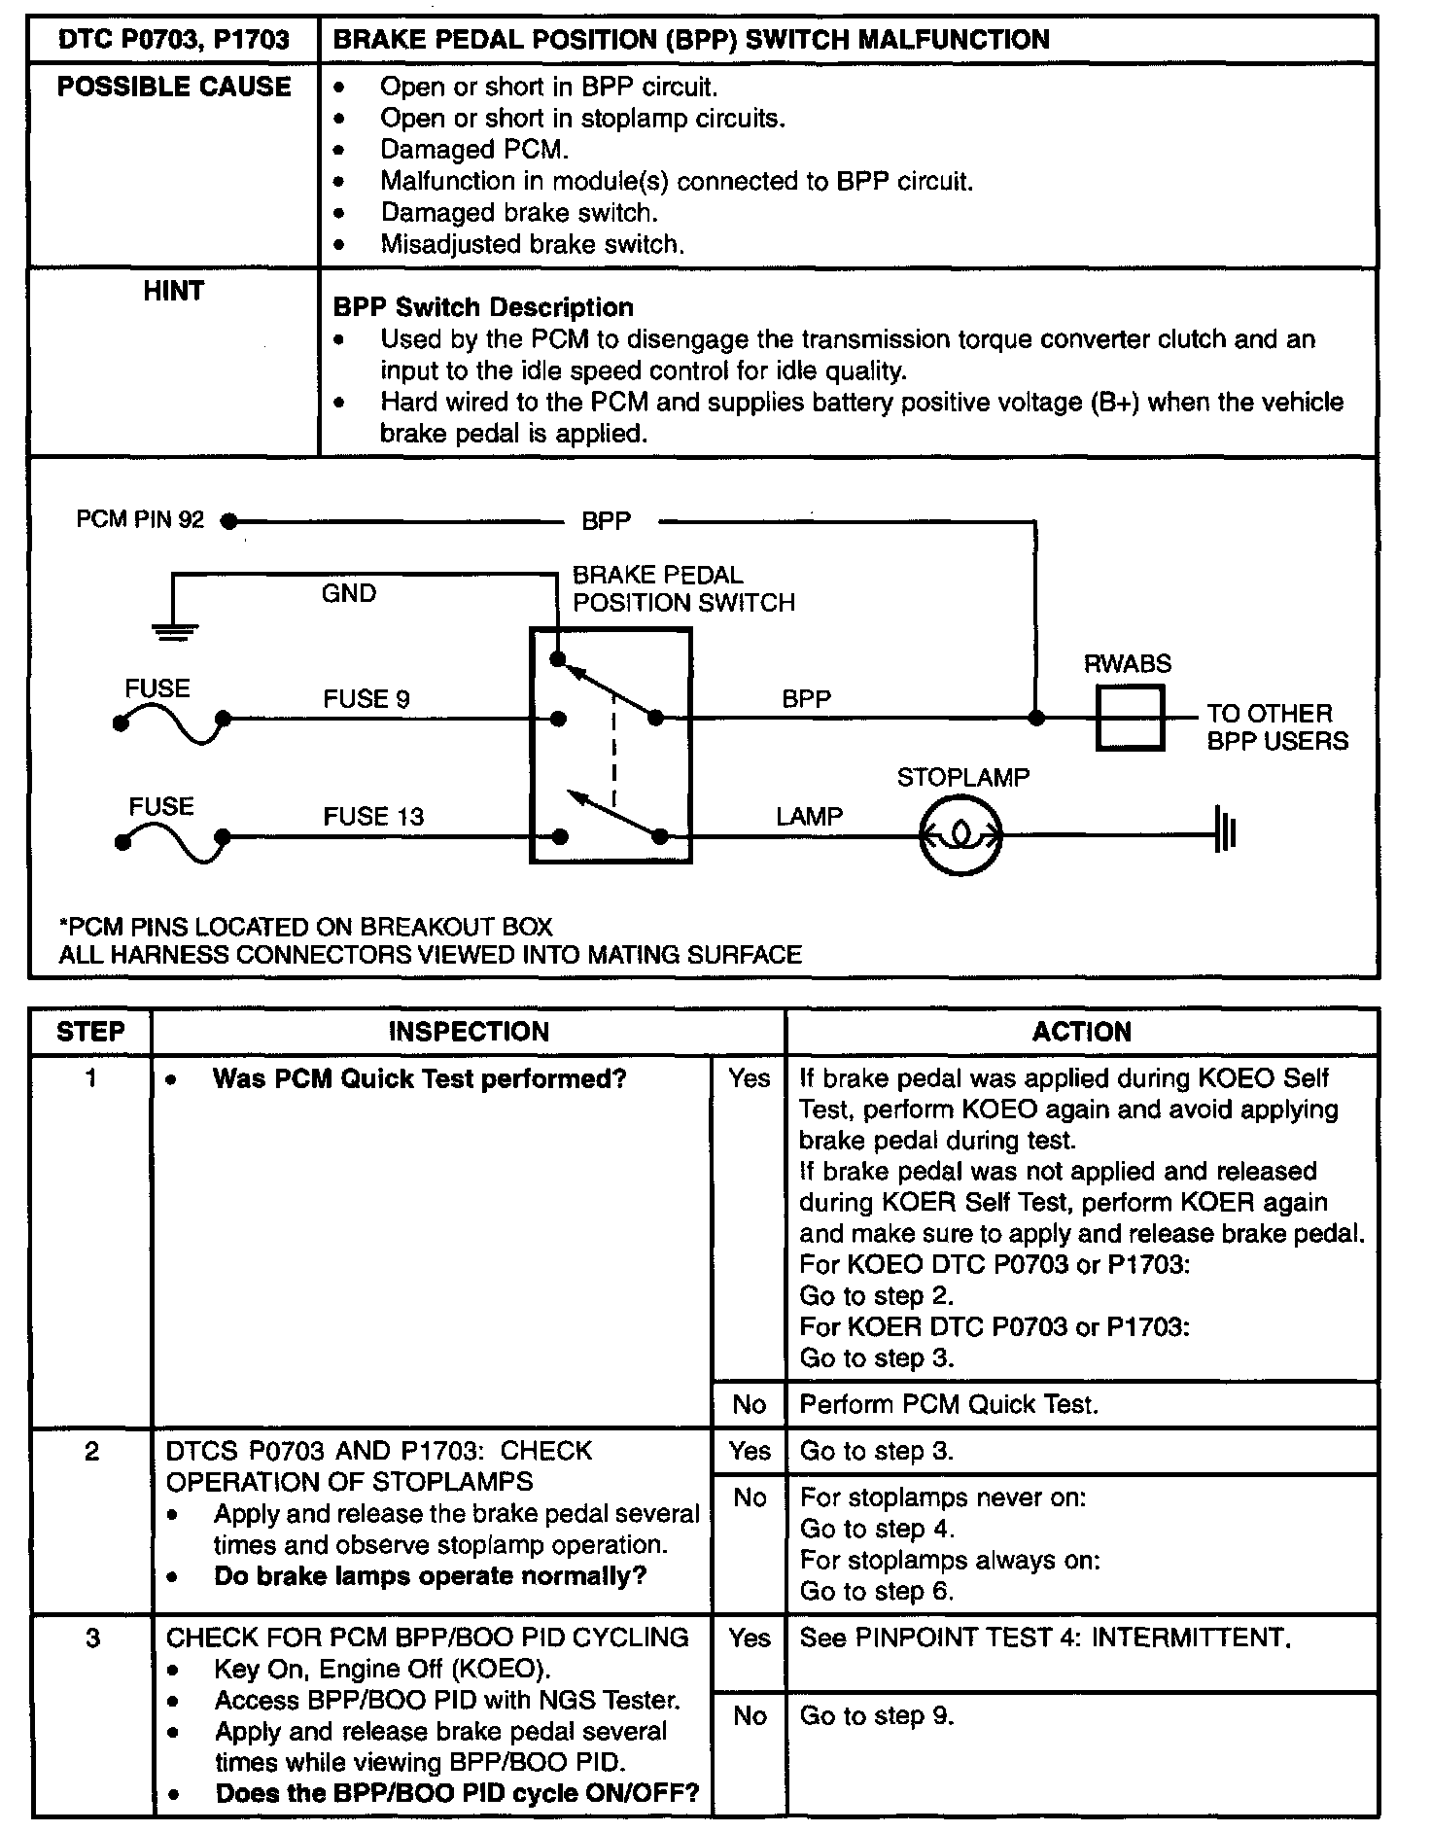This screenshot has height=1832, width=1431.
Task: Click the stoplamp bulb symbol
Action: tap(960, 834)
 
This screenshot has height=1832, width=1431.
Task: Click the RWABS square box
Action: tap(1130, 719)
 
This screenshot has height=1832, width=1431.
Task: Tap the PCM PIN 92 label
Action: tap(140, 520)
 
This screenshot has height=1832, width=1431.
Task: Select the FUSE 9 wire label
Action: tap(366, 699)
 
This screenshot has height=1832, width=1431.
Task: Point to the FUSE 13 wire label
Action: tap(373, 817)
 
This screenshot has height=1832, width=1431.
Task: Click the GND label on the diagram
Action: tap(348, 593)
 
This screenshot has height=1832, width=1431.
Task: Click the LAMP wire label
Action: tap(809, 817)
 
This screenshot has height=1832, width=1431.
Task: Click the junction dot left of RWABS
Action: tap(1036, 719)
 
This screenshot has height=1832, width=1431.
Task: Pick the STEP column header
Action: tap(90, 1032)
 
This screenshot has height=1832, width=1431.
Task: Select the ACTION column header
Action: tap(1081, 1032)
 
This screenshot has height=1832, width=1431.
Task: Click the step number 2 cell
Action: tap(91, 1452)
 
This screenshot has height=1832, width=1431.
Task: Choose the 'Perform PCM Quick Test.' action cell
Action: tap(949, 1404)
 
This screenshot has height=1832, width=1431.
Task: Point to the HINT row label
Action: tap(173, 291)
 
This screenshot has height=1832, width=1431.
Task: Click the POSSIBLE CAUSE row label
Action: tap(174, 87)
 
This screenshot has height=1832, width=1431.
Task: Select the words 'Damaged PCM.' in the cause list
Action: tap(474, 150)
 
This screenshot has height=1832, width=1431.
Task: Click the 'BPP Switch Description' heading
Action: tap(483, 307)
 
